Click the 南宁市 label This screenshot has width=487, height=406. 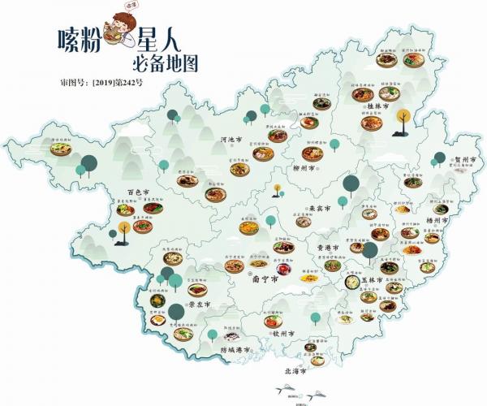(244, 278)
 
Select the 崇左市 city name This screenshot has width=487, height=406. (200, 305)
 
